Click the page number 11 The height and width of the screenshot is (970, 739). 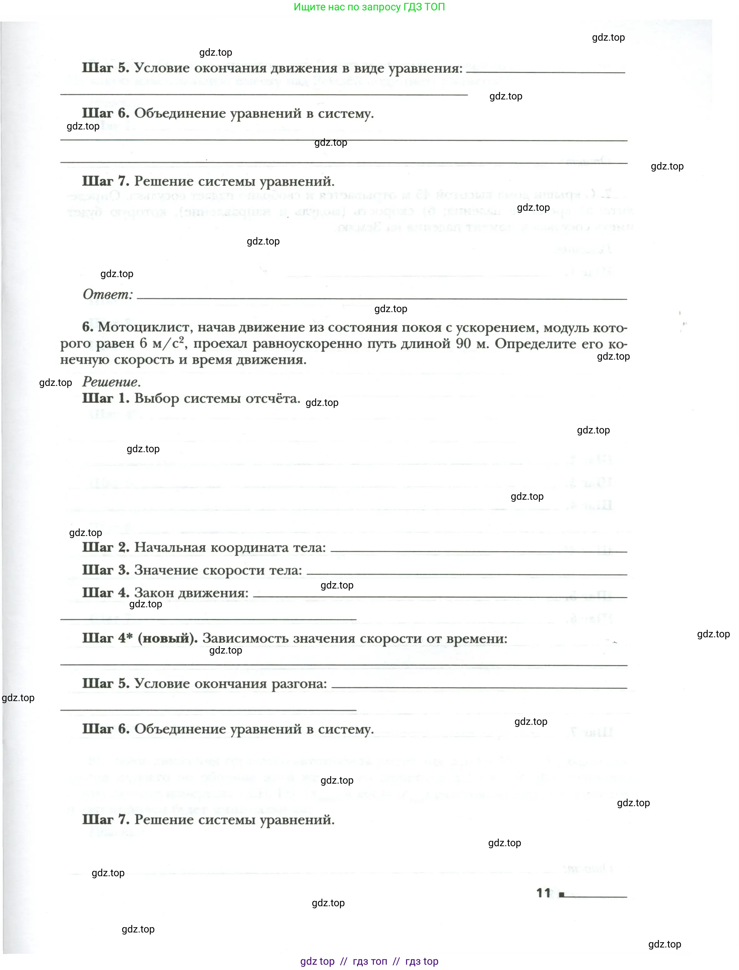(543, 893)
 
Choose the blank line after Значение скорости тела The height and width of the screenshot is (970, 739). (466, 574)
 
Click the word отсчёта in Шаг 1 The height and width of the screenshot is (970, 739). (273, 398)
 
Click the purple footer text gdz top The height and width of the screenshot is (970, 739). (317, 962)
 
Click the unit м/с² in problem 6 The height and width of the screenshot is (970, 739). (168, 343)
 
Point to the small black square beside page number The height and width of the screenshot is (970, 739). (561, 894)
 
